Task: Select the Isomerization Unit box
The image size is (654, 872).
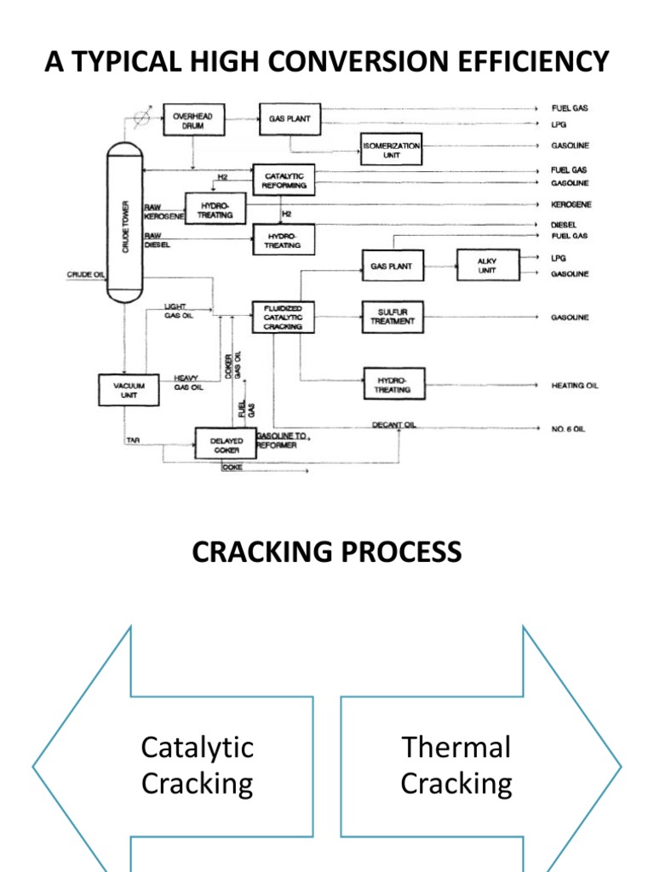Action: click(x=392, y=151)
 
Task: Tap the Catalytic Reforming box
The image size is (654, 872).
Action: click(x=284, y=181)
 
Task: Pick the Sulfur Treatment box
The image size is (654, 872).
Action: click(x=393, y=317)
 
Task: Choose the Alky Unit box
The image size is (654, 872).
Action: click(x=488, y=266)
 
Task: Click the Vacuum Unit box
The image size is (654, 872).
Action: click(x=124, y=391)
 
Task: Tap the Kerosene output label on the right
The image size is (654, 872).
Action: click(x=570, y=204)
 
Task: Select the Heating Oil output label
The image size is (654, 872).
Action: click(x=574, y=386)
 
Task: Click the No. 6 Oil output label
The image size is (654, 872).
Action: click(x=568, y=429)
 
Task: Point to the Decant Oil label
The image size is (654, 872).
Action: click(x=394, y=425)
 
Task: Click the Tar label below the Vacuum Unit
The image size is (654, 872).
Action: click(x=133, y=440)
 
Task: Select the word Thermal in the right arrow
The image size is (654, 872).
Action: click(x=456, y=748)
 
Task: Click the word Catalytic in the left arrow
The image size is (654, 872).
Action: click(x=198, y=748)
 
